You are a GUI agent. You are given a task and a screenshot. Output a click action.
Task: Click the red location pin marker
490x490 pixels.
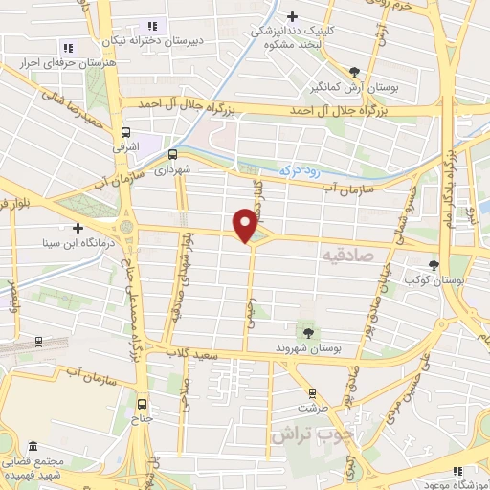246,225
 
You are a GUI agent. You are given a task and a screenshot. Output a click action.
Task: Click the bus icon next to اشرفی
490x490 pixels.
125,134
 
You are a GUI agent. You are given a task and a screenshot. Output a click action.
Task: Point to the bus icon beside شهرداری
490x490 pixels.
173,153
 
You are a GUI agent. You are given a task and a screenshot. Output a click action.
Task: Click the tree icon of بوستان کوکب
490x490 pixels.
435,264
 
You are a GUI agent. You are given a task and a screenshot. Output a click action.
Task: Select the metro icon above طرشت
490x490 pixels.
312,393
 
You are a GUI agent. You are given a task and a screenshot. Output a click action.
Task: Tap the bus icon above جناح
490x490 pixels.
143,404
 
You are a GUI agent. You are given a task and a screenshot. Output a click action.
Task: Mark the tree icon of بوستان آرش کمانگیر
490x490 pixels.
355,72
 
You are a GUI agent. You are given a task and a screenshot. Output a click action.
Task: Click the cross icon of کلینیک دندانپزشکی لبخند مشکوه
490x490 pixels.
294,15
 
